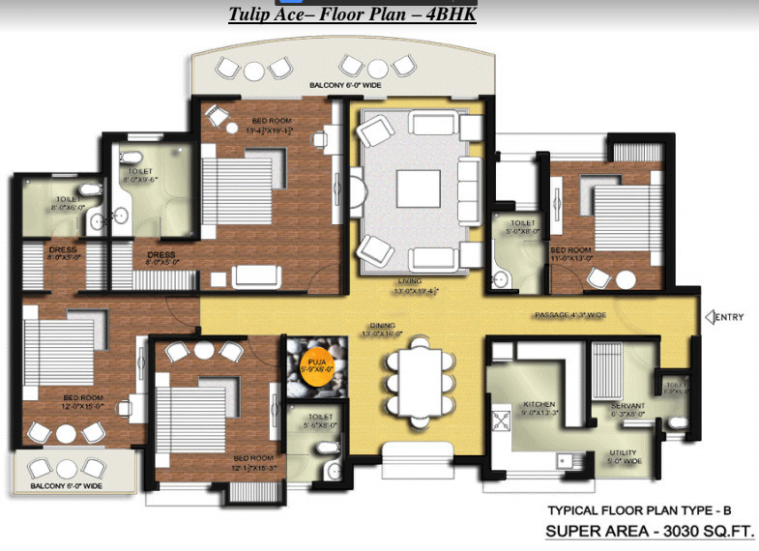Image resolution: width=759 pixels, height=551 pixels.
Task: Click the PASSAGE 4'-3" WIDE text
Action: pos(570,315)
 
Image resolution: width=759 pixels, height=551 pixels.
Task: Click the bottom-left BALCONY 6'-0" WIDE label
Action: pos(66,485)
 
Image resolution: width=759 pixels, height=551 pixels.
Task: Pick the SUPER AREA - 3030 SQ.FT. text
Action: pos(651,531)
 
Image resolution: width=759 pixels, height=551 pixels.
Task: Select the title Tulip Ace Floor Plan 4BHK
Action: pos(352,14)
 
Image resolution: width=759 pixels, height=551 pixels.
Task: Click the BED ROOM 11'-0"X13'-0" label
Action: pos(569,254)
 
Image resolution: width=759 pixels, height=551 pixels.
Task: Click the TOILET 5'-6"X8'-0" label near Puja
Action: pos(315,424)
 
